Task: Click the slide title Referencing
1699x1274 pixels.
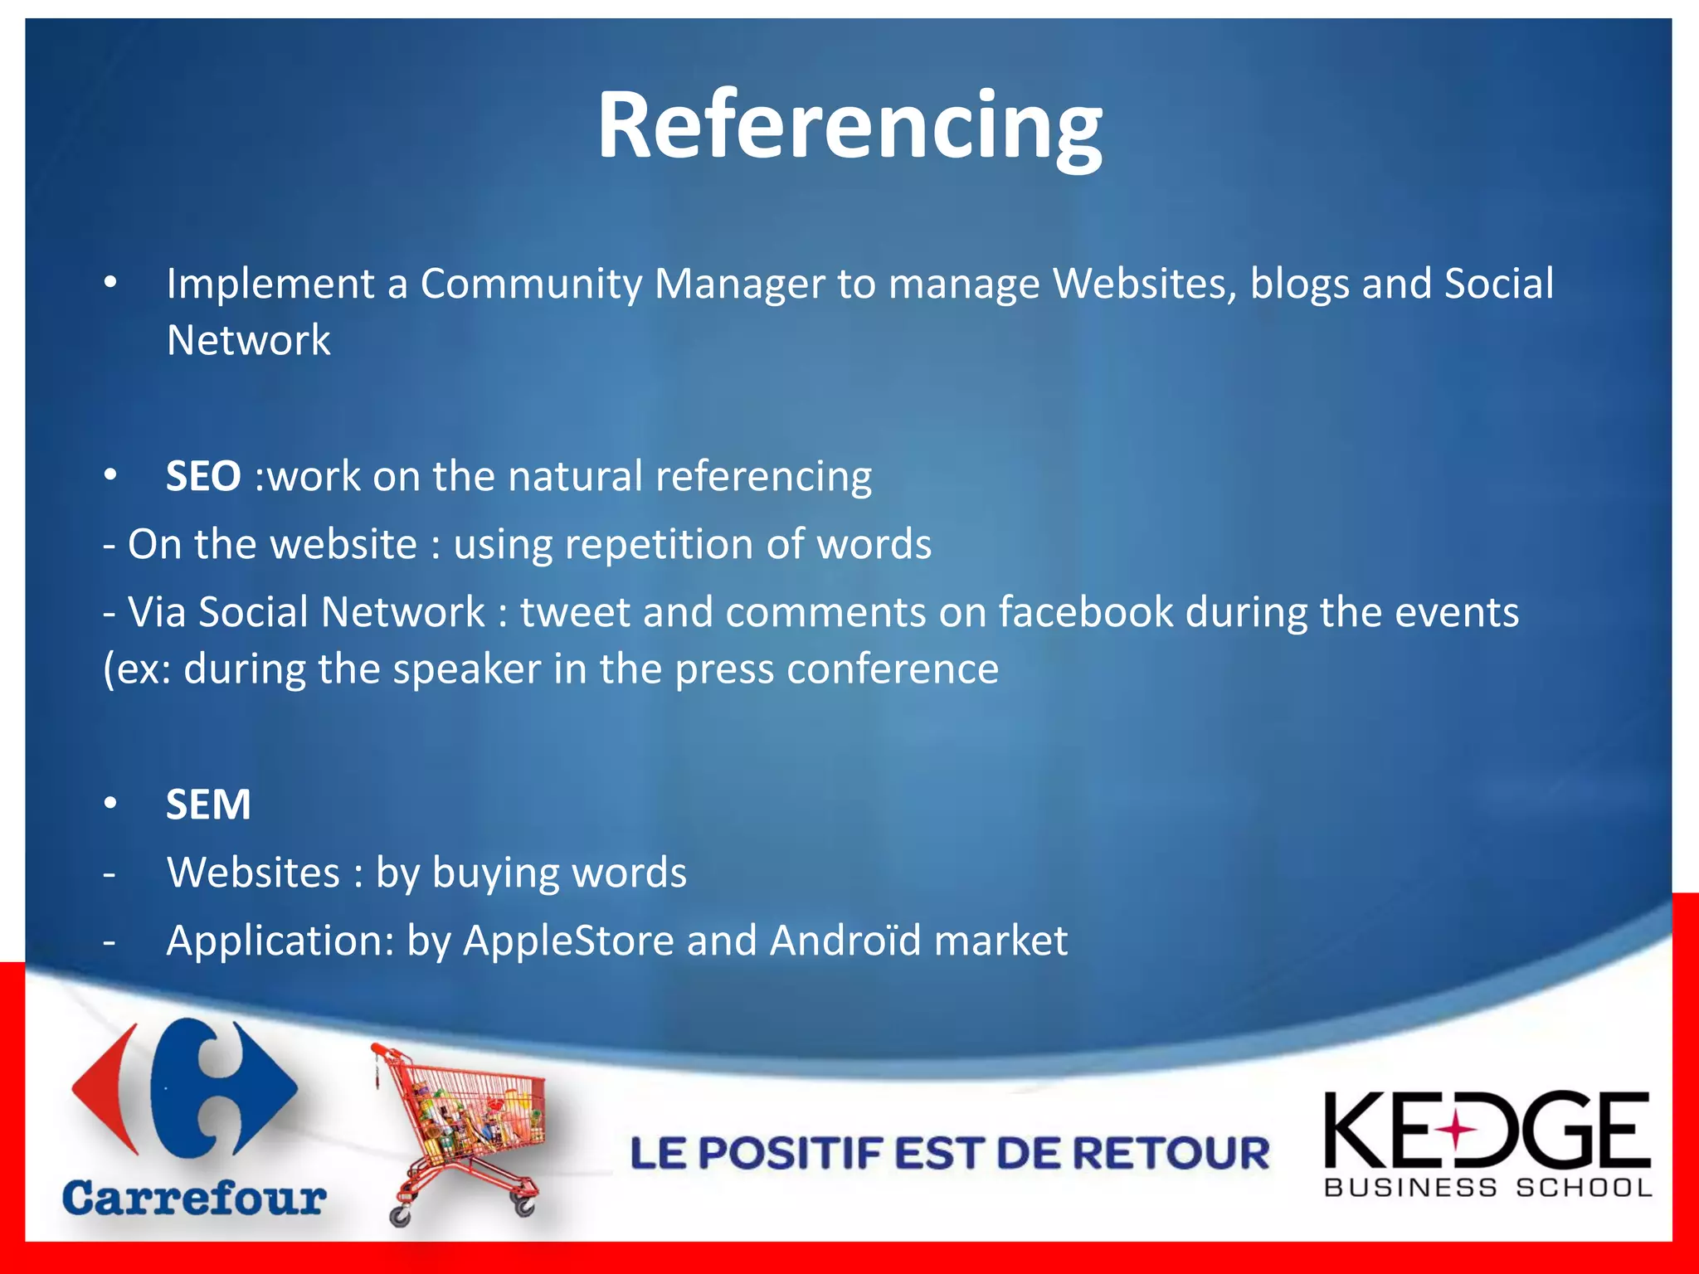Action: coord(849,126)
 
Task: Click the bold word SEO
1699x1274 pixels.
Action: coord(203,477)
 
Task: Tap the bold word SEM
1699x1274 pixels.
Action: coord(208,805)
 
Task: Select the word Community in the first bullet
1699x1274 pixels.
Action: coord(531,284)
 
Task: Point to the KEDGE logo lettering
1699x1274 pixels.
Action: coord(1486,1130)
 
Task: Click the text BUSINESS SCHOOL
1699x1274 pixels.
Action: coord(1487,1188)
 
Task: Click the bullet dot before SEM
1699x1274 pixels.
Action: coord(111,804)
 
